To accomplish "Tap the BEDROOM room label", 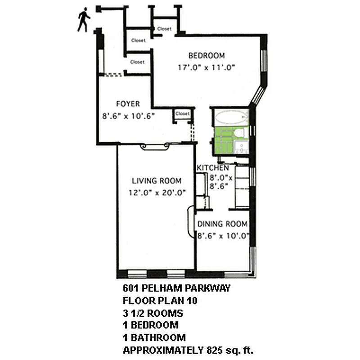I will [x=206, y=56].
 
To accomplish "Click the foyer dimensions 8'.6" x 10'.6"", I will [x=128, y=116].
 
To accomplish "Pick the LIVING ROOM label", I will [x=157, y=181].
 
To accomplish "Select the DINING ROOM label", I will [x=223, y=224].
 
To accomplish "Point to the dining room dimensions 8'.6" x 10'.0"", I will [x=224, y=235].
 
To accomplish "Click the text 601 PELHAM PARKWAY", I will [x=176, y=288].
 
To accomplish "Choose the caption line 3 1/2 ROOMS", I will [x=153, y=313].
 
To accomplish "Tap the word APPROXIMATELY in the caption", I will [x=163, y=350].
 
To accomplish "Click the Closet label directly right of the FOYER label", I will [x=183, y=114].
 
